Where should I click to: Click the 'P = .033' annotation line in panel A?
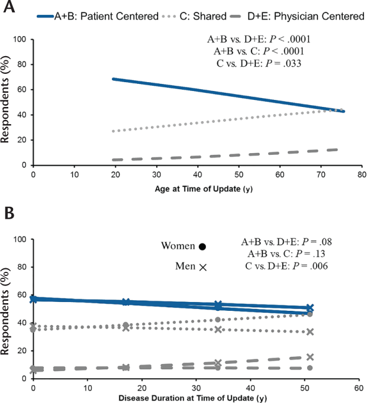tap(260, 63)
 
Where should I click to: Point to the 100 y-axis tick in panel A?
tap(22, 40)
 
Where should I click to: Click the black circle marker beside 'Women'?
tap(202, 246)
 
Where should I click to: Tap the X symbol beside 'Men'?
tap(202, 267)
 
